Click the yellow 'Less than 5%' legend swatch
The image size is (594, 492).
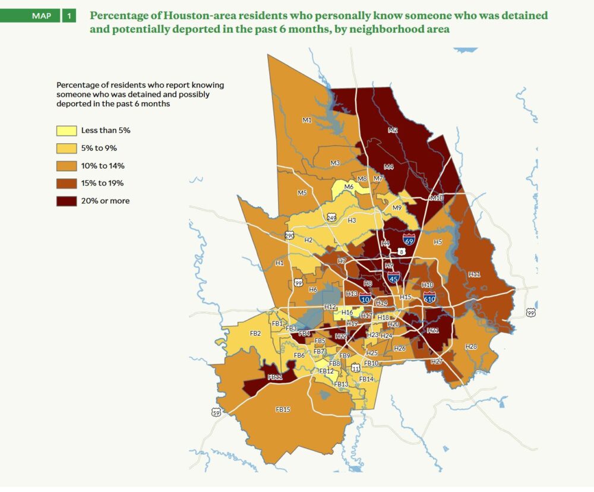coord(66,130)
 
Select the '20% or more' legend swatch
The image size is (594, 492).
coord(66,201)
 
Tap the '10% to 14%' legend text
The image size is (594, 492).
coord(103,166)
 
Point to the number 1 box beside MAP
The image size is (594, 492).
coord(69,15)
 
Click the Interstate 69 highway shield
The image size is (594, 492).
coord(409,239)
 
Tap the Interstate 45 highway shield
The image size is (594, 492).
coord(393,276)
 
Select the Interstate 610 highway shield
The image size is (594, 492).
coord(429,296)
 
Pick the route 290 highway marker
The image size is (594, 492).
coord(290,236)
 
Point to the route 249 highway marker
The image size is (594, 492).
coord(331,217)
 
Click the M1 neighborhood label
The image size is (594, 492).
coord(307,121)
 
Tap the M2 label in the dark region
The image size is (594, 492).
coord(393,130)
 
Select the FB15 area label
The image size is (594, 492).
coord(283,409)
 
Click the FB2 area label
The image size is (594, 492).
coord(255,333)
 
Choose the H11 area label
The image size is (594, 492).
coord(473,274)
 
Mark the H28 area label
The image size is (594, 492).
coord(471,346)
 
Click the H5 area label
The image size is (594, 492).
coord(438,242)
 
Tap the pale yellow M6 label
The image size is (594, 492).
coord(349,187)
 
